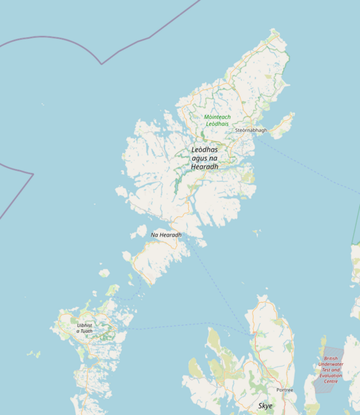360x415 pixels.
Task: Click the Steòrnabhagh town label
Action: (x=250, y=130)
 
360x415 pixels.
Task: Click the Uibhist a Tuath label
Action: (x=84, y=328)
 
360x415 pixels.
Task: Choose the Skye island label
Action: (x=265, y=405)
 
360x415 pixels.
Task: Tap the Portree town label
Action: (x=285, y=390)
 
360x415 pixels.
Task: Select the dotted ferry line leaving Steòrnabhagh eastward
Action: (x=304, y=163)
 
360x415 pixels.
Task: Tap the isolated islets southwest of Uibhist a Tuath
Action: (x=32, y=354)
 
